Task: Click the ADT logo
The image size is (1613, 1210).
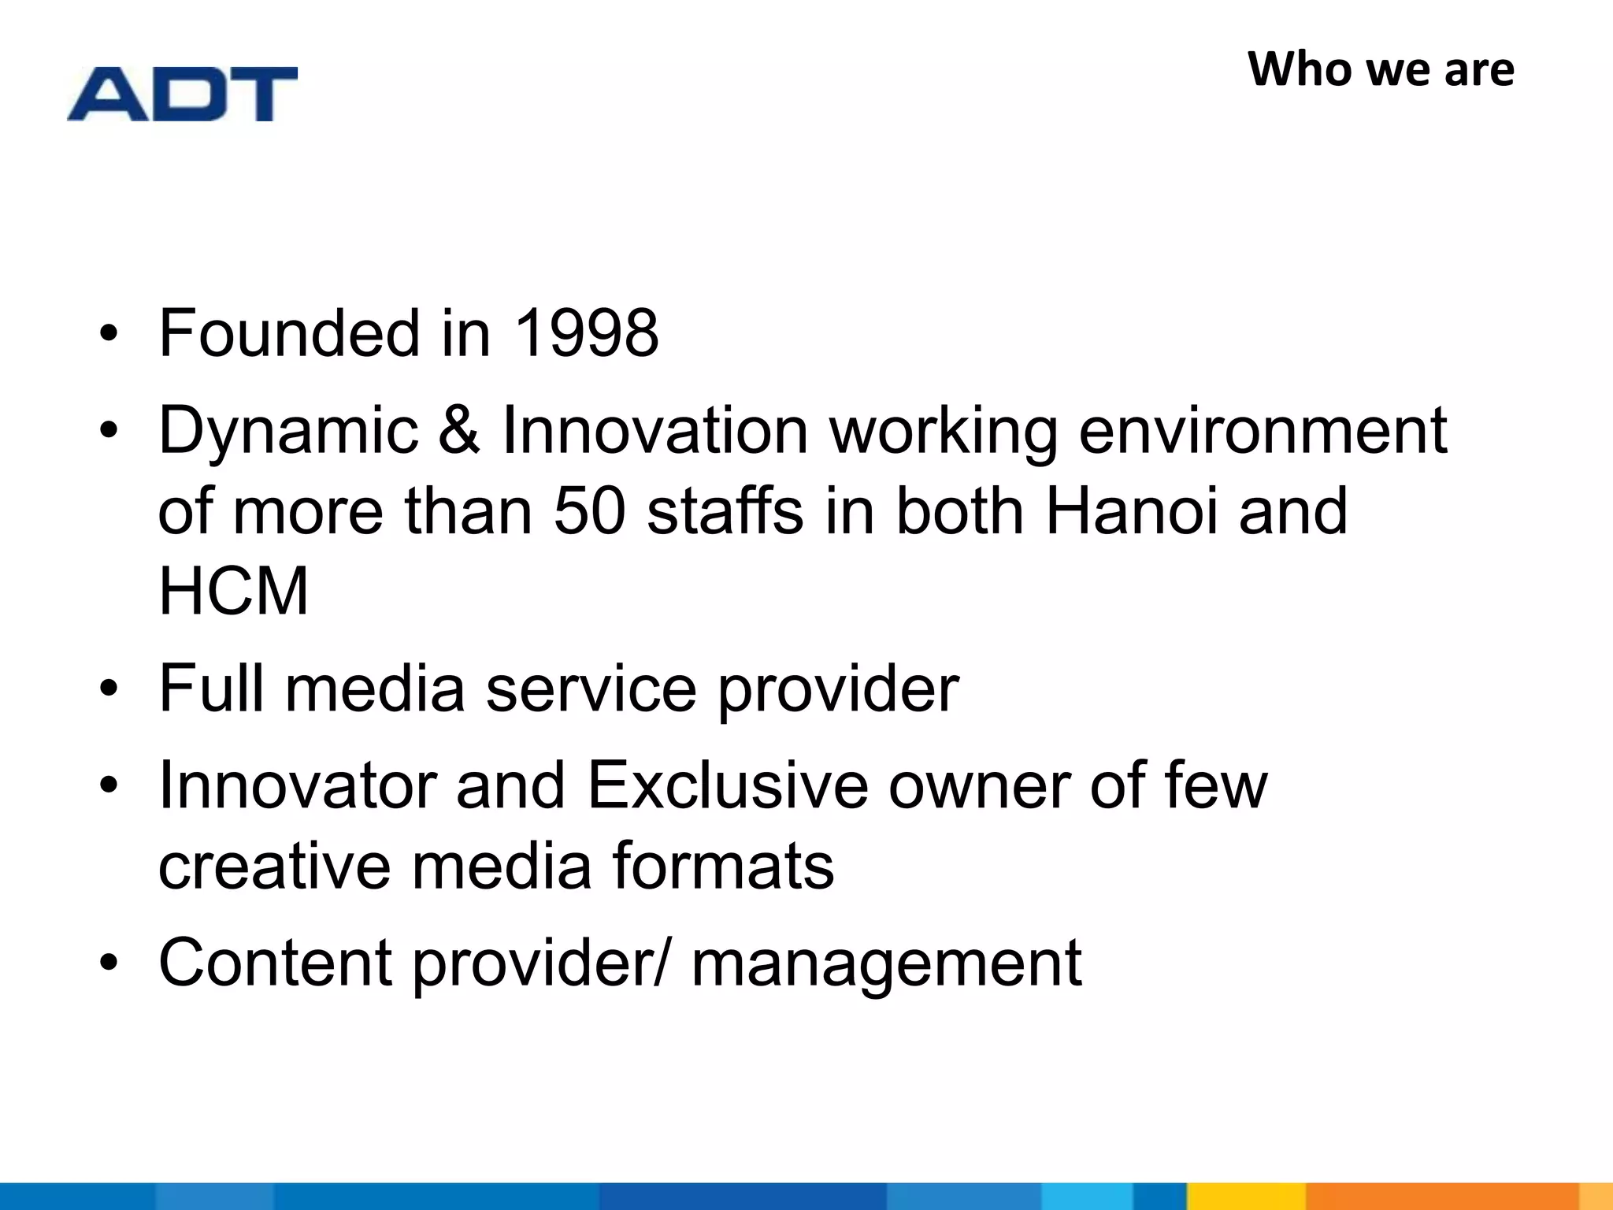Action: [182, 94]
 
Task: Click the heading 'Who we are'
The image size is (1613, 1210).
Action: [1381, 69]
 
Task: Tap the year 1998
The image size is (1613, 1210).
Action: [586, 333]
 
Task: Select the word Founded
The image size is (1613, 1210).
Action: [289, 333]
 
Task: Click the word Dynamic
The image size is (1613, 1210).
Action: [288, 432]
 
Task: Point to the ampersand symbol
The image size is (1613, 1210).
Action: [459, 430]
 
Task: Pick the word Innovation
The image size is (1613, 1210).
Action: [654, 430]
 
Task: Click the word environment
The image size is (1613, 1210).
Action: [1262, 430]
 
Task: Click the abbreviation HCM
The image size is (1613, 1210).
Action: [234, 591]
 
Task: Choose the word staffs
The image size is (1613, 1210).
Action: [725, 510]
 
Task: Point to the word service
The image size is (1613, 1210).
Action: [591, 688]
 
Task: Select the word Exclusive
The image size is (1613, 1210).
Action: [727, 785]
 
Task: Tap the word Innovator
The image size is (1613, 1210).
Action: [298, 785]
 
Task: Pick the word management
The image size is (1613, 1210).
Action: [886, 963]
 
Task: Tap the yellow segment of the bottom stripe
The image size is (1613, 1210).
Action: [1246, 1196]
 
